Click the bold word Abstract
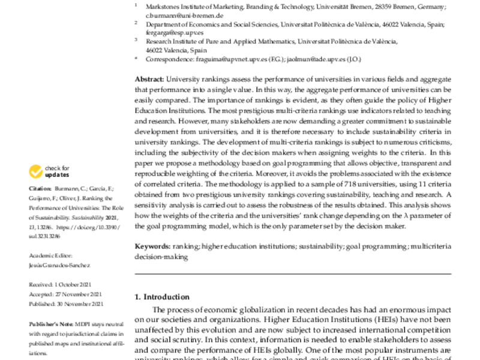[x=149, y=79]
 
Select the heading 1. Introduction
[x=162, y=296]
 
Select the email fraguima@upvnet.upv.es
[x=228, y=60]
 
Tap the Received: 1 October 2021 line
[x=61, y=284]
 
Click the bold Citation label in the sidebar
[x=40, y=188]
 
